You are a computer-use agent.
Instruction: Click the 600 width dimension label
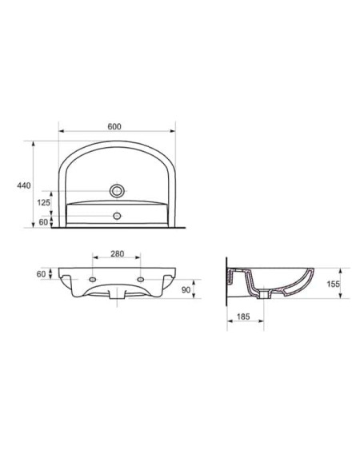[x=114, y=126]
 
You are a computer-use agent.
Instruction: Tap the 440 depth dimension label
[x=24, y=185]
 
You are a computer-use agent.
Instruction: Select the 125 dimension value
[x=43, y=202]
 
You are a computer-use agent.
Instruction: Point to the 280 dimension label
[x=117, y=253]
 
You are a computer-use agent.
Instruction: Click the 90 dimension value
[x=186, y=290]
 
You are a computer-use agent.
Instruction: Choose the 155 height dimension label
[x=333, y=284]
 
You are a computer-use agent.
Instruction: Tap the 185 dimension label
[x=243, y=317]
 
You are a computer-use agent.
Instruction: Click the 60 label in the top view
[x=43, y=222]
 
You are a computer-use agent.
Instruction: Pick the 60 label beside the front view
[x=41, y=274]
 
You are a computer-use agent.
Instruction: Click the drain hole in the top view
[x=117, y=191]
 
